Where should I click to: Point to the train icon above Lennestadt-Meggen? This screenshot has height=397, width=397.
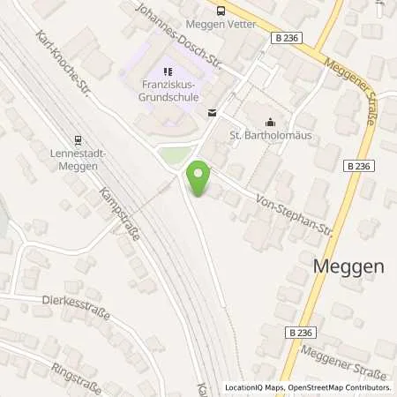[x=78, y=139]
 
